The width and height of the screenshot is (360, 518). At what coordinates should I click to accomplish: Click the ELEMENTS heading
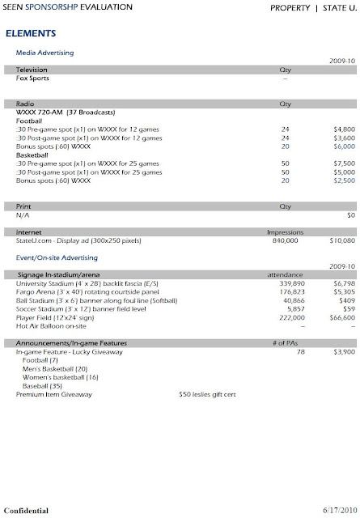pos(30,35)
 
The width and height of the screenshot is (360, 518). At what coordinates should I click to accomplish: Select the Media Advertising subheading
pos(44,53)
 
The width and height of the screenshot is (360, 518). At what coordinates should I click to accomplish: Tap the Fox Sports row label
pos(34,79)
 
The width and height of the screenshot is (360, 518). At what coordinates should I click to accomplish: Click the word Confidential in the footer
pos(27,511)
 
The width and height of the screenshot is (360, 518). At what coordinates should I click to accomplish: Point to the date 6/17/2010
pos(332,511)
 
